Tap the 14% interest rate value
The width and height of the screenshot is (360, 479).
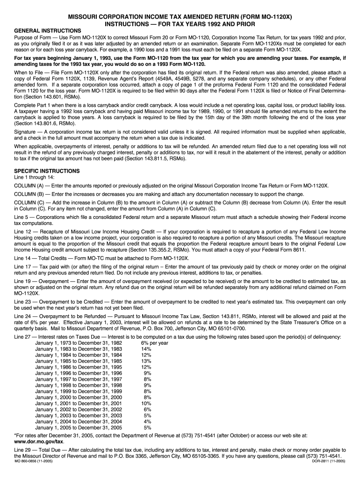click(146, 349)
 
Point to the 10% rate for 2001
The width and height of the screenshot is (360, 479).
click(146, 403)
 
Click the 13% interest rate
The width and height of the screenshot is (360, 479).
click(146, 361)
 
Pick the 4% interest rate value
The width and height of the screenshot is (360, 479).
click(148, 421)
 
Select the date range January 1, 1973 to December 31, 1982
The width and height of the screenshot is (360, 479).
click(79, 343)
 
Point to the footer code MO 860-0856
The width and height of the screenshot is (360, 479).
click(34, 461)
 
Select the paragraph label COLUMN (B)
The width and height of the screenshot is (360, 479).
click(29, 194)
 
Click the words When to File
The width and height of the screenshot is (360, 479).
click(31, 73)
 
